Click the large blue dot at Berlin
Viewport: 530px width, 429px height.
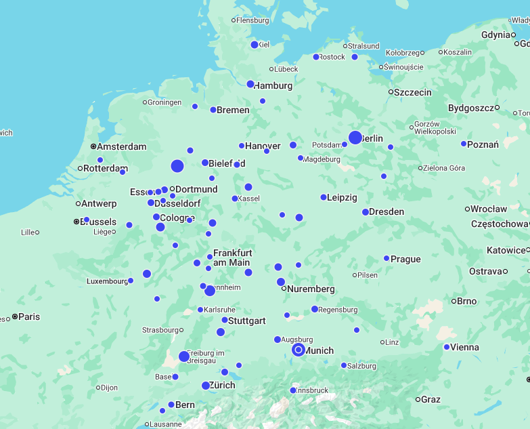click(x=355, y=138)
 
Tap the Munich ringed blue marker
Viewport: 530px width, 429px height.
click(x=299, y=350)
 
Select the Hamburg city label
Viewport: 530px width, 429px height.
click(x=273, y=85)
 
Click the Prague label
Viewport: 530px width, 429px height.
click(x=405, y=259)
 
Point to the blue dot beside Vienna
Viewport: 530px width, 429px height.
click(x=447, y=347)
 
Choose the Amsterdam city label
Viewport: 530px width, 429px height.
click(x=122, y=146)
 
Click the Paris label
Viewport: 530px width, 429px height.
click(x=30, y=316)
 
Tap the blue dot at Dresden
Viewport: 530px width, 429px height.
click(x=366, y=212)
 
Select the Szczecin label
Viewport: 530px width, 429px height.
click(x=413, y=92)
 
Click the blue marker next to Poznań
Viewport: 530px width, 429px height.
click(x=464, y=144)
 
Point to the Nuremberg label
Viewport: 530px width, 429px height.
click(x=311, y=289)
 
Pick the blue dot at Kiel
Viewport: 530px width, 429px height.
click(x=255, y=45)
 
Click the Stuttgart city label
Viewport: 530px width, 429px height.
click(x=247, y=321)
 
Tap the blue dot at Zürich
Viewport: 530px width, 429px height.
click(x=206, y=386)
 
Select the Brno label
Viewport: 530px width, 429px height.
click(x=467, y=301)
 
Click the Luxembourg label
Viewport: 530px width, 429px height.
click(x=107, y=281)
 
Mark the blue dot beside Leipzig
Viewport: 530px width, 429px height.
click(x=324, y=197)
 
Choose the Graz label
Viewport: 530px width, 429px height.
click(x=430, y=399)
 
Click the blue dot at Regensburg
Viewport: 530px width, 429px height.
click(x=315, y=309)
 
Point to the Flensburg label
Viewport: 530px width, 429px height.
click(x=252, y=20)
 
